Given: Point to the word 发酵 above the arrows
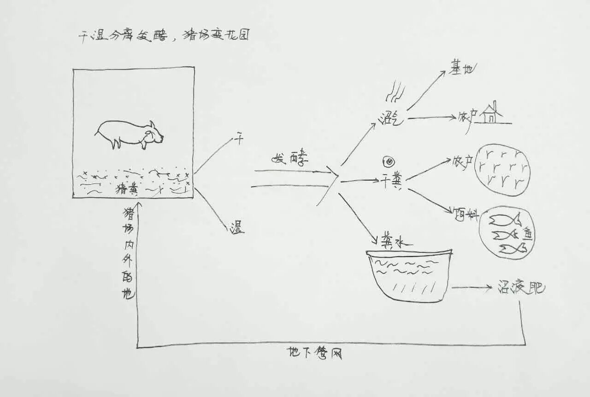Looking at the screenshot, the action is click(289, 159).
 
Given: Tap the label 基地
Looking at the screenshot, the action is click(461, 70).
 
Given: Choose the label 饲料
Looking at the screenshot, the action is click(466, 214).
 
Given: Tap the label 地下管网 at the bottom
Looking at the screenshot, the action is click(316, 354).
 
